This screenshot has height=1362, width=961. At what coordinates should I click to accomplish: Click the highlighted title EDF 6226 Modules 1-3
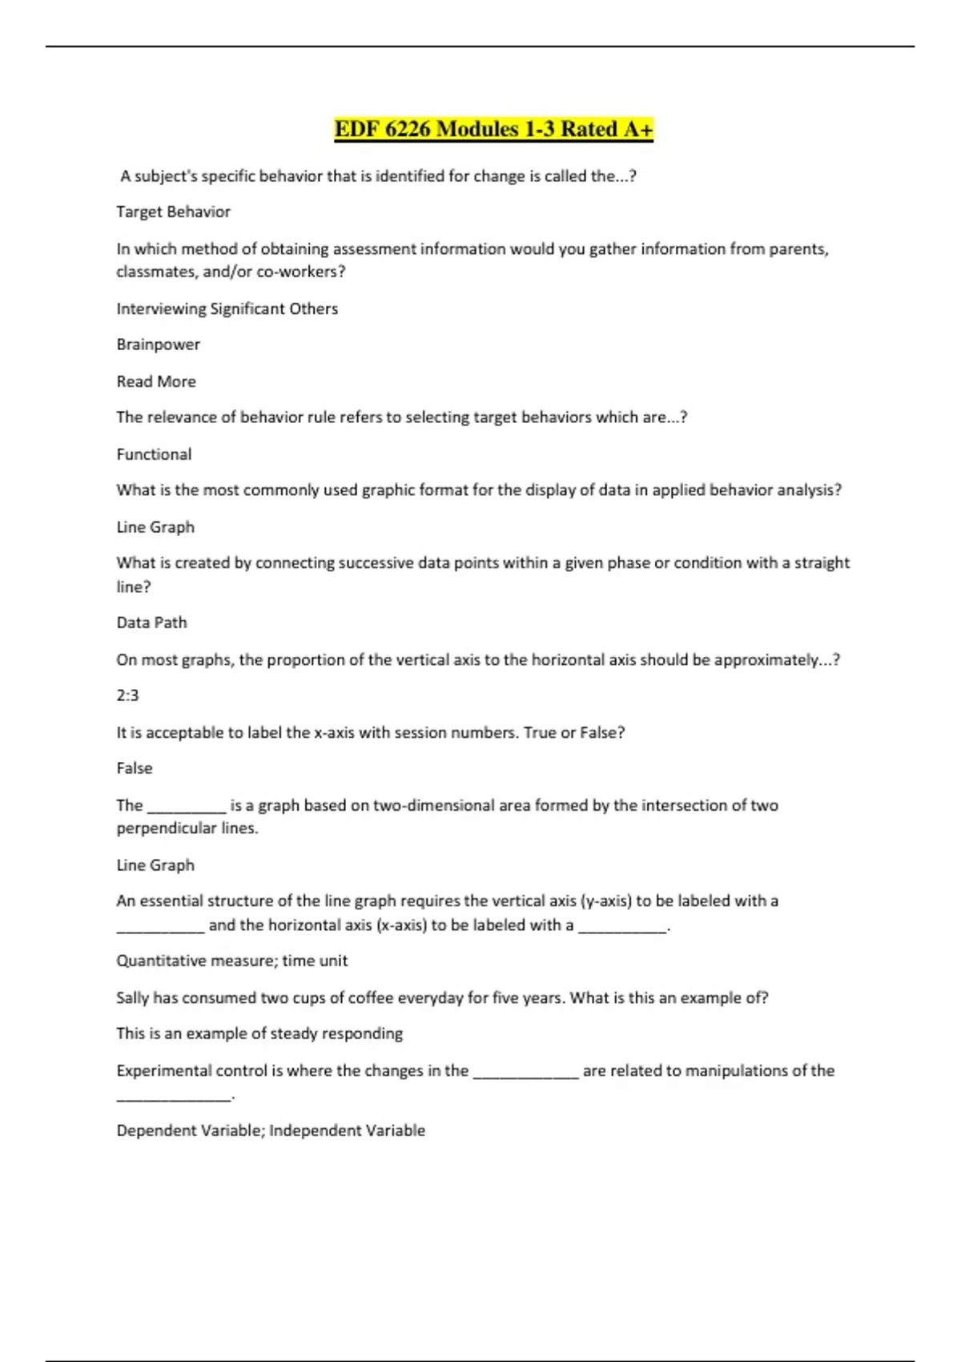tap(493, 129)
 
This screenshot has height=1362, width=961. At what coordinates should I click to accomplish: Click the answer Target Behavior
tap(173, 212)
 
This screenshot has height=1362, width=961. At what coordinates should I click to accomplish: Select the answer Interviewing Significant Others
tap(227, 308)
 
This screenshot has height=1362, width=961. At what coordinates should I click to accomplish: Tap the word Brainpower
tap(158, 345)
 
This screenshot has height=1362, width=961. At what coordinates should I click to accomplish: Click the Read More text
tap(156, 381)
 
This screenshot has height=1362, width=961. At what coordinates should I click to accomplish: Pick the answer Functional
tap(154, 454)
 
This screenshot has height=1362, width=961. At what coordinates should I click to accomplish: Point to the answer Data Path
tap(151, 623)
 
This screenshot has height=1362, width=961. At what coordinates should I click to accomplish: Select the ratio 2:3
tap(127, 695)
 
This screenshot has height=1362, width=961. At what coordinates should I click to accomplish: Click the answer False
tap(134, 768)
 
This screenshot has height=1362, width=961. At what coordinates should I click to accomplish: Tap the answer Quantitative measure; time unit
tap(231, 961)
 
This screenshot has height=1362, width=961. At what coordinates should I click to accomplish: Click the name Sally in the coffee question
tap(132, 997)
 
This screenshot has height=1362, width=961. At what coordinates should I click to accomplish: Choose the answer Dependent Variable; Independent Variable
tap(271, 1130)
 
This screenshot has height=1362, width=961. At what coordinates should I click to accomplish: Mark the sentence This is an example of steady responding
tap(259, 1034)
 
